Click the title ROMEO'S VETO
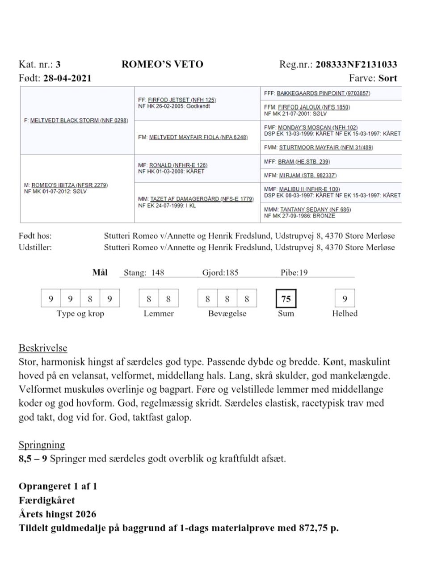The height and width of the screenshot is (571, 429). (162, 64)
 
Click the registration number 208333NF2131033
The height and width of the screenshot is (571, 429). (356, 64)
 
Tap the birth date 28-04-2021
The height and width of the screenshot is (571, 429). (67, 78)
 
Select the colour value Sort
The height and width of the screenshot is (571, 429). (387, 78)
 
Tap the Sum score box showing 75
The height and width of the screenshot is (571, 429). (286, 299)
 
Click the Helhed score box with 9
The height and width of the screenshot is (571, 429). (345, 299)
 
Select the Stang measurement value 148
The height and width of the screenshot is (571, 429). (157, 273)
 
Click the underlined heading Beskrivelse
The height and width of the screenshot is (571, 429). (43, 348)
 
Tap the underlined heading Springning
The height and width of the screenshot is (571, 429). (42, 445)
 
